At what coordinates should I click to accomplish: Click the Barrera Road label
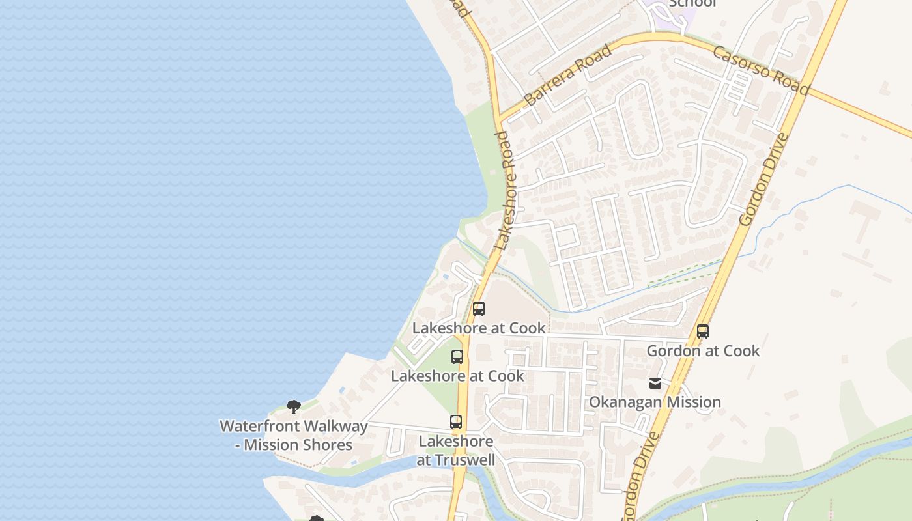click(x=567, y=75)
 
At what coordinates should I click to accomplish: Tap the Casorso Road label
click(x=761, y=72)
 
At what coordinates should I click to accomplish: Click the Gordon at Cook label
click(x=703, y=351)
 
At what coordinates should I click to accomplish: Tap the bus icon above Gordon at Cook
click(x=702, y=331)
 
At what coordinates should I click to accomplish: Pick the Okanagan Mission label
click(x=655, y=402)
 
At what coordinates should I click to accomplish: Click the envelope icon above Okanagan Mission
click(x=655, y=384)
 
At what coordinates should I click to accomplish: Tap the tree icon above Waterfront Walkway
click(x=294, y=407)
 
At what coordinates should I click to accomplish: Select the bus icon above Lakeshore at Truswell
click(x=456, y=422)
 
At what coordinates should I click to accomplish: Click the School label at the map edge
click(x=692, y=3)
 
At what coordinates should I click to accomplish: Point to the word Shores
click(x=324, y=445)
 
